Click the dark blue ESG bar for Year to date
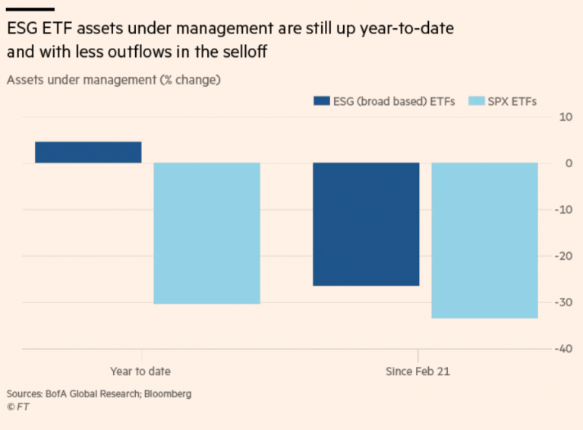click(88, 152)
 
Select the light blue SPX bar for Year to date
click(207, 232)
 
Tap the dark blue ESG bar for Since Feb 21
click(366, 223)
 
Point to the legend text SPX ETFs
click(513, 101)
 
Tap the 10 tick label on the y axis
click(565, 116)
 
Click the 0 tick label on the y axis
click(569, 163)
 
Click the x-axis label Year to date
click(140, 372)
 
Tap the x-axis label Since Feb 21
click(418, 372)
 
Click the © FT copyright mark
click(17, 407)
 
